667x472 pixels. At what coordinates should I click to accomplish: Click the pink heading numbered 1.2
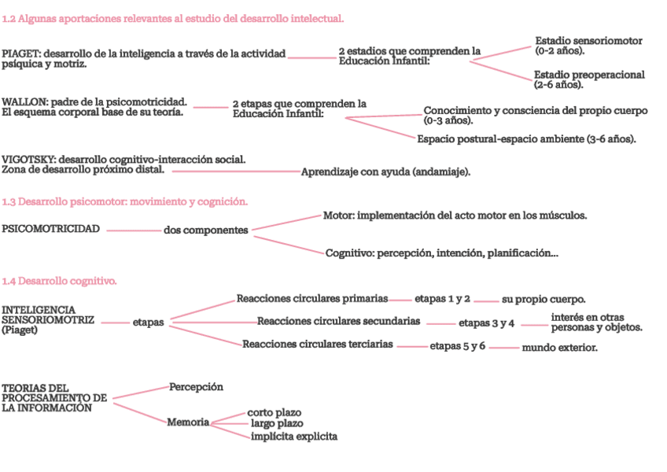tap(172, 17)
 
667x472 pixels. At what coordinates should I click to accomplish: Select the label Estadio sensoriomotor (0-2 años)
tap(588, 46)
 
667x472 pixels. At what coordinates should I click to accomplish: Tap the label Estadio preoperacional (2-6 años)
tap(589, 79)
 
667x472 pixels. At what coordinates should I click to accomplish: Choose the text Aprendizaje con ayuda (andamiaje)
tap(385, 171)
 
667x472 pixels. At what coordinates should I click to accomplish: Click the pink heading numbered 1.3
tap(125, 202)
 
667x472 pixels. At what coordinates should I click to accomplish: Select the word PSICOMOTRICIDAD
tap(51, 230)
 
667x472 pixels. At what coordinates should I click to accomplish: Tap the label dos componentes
tap(205, 230)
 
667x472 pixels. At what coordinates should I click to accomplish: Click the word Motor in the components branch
tap(337, 215)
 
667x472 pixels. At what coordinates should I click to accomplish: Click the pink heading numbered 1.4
tap(60, 281)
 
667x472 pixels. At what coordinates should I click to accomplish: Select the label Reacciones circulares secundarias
tap(338, 322)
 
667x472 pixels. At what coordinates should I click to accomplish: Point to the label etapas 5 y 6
tap(457, 346)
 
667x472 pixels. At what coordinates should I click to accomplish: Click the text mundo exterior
tap(559, 347)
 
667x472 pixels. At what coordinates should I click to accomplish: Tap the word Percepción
tap(196, 387)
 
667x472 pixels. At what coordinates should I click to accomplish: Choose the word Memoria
tap(188, 422)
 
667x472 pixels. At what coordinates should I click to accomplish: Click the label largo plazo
tap(276, 424)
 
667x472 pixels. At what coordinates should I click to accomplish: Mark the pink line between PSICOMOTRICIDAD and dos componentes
tap(134, 230)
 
